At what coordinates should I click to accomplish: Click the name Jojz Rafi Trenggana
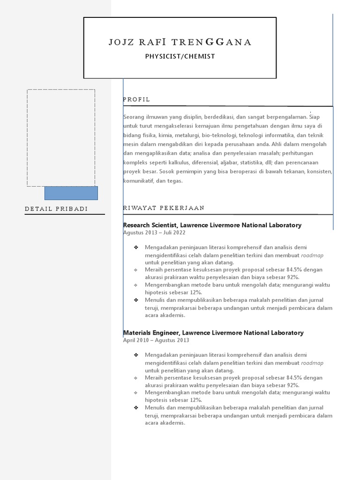(x=180, y=42)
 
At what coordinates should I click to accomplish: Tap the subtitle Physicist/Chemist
(x=180, y=56)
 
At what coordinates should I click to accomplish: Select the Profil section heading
(x=136, y=99)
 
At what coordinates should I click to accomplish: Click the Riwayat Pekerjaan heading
(x=164, y=208)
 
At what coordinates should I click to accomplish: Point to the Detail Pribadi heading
(x=56, y=209)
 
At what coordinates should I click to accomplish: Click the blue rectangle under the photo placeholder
(x=71, y=193)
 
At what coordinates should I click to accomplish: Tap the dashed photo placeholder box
(x=61, y=138)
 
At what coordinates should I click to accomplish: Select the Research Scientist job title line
(x=212, y=225)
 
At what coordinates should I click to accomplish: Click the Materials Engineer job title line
(x=213, y=333)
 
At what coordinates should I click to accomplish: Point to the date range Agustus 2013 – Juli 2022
(x=154, y=232)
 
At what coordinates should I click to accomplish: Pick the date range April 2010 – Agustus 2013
(x=156, y=340)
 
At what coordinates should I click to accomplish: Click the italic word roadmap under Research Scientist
(x=312, y=255)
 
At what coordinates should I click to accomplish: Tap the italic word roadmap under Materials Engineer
(x=312, y=363)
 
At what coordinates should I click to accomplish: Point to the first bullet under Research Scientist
(x=136, y=247)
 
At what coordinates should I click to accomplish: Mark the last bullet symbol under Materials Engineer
(x=136, y=408)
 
